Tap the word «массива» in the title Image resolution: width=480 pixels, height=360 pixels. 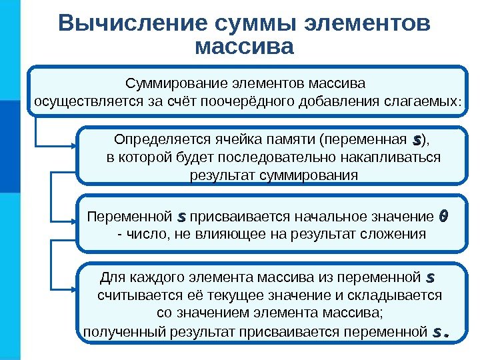pyautogui.click(x=245, y=47)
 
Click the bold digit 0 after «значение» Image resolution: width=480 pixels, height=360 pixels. pyautogui.click(x=444, y=217)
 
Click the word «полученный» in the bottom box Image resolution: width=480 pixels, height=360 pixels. pyautogui.click(x=117, y=331)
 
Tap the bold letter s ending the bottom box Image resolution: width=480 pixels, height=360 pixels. pyautogui.click(x=439, y=331)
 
